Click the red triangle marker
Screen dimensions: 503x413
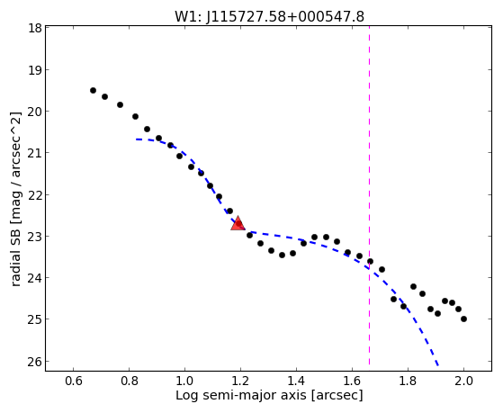click(238, 223)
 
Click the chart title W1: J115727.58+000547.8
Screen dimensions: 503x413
click(269, 17)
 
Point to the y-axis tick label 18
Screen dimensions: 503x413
click(34, 28)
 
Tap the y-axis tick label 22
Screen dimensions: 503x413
click(34, 194)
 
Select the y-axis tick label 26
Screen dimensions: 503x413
click(34, 362)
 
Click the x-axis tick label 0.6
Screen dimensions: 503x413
click(74, 381)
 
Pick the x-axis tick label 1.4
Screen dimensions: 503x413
click(296, 381)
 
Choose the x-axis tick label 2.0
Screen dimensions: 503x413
click(463, 381)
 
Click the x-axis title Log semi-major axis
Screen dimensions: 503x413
click(240, 395)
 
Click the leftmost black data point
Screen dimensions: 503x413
click(93, 91)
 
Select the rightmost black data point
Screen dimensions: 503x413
click(463, 319)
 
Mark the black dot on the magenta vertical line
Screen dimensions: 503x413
click(370, 261)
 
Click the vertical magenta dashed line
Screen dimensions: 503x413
click(369, 195)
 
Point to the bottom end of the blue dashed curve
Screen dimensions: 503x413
click(437, 364)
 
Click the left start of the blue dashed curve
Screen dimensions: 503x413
click(136, 139)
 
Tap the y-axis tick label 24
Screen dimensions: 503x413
click(34, 277)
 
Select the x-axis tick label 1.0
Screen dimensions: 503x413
click(184, 381)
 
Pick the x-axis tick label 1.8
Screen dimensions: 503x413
click(408, 381)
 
